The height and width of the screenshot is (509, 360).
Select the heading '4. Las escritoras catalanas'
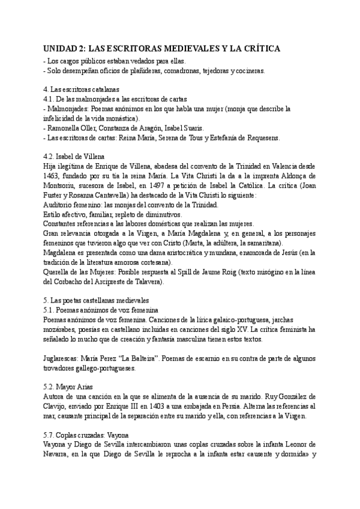point(82,89)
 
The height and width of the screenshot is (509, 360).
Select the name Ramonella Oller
point(73,127)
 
